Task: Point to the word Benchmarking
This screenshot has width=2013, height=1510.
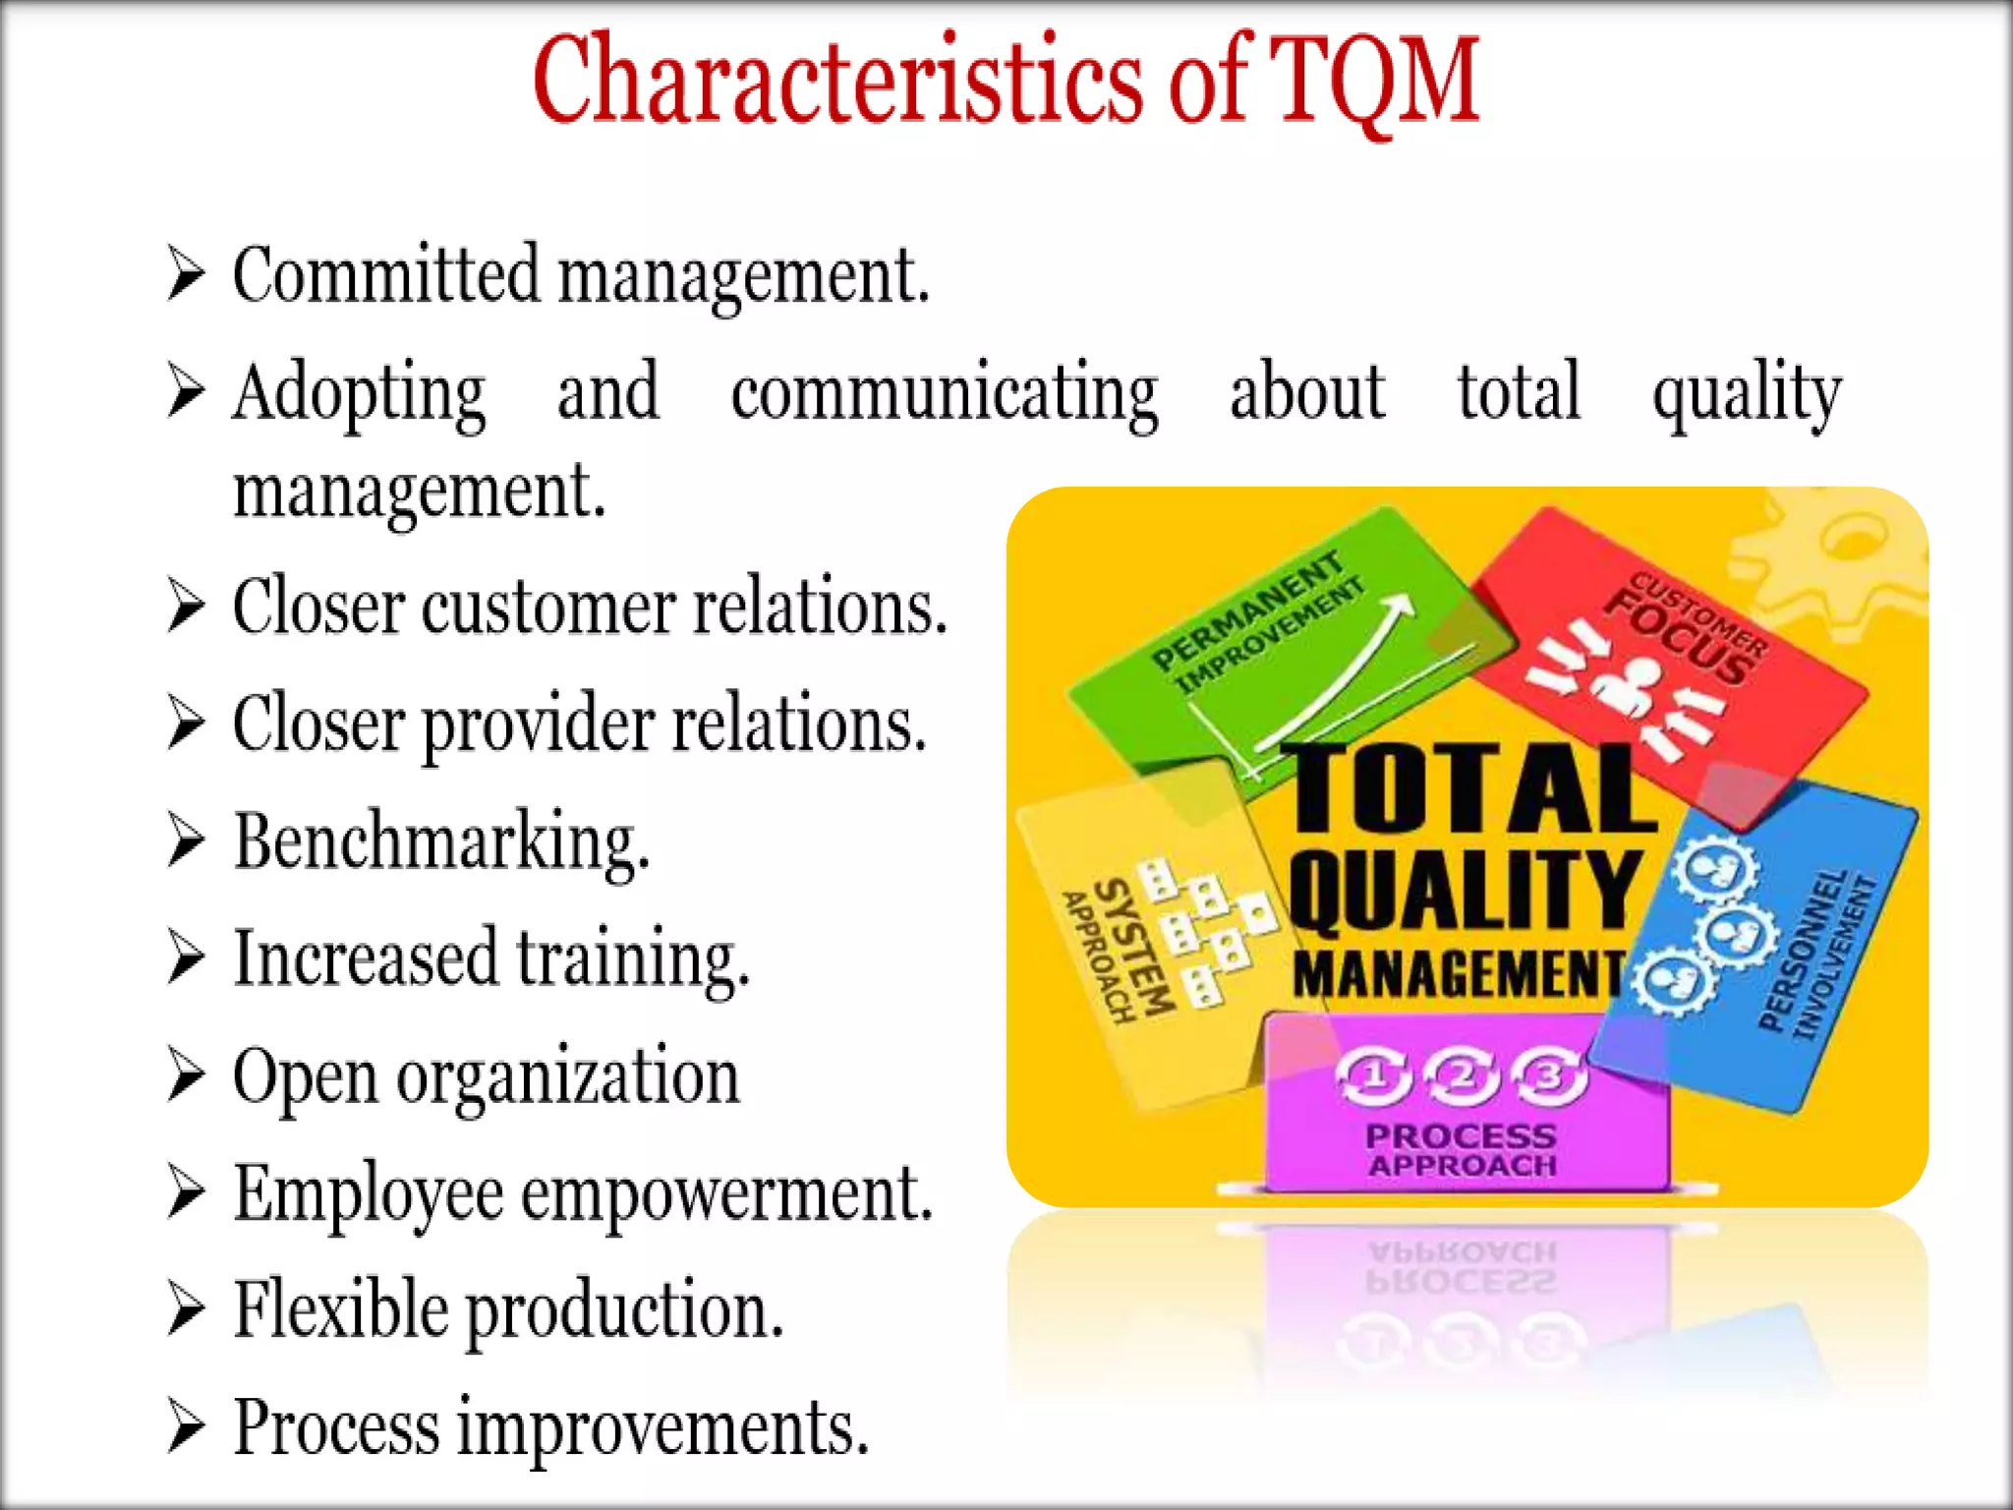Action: [x=441, y=842]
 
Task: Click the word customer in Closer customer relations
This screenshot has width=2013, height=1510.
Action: [x=548, y=607]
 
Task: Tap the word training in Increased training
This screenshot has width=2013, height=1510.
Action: [x=633, y=958]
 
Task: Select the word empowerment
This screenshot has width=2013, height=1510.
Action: [x=726, y=1193]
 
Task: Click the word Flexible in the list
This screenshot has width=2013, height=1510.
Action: [x=340, y=1309]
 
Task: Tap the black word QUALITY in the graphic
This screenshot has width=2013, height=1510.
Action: [x=1465, y=890]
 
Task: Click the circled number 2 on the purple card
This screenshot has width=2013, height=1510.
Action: [x=1463, y=1076]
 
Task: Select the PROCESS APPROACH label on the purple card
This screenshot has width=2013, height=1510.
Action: [x=1462, y=1150]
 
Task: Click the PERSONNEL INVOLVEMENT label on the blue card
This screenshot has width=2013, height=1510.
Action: [x=1818, y=954]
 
